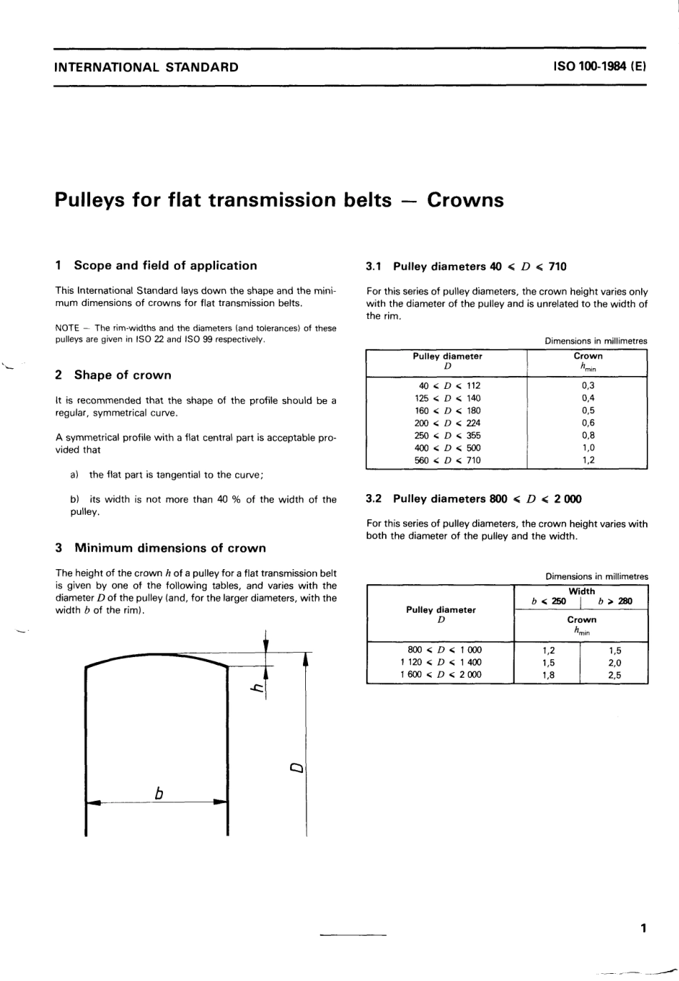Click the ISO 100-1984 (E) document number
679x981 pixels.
click(599, 67)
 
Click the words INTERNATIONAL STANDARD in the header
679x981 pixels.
click(147, 68)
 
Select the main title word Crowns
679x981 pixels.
click(465, 200)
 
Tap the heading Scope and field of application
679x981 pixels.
click(165, 265)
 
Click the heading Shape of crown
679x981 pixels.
click(122, 375)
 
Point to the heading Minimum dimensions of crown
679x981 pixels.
click(169, 548)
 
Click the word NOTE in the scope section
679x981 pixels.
click(66, 328)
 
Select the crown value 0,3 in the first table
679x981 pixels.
click(588, 385)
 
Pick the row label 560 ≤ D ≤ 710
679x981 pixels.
click(447, 460)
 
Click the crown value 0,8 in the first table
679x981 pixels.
click(588, 435)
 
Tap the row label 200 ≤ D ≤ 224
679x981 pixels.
click(447, 423)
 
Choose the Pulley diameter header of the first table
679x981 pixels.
click(447, 356)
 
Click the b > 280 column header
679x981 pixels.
click(615, 601)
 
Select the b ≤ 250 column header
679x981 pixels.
click(548, 601)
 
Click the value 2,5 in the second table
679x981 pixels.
click(614, 674)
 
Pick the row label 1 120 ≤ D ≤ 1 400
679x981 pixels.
click(440, 662)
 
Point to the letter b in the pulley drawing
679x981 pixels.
click(159, 793)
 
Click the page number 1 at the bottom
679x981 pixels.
click(643, 928)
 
